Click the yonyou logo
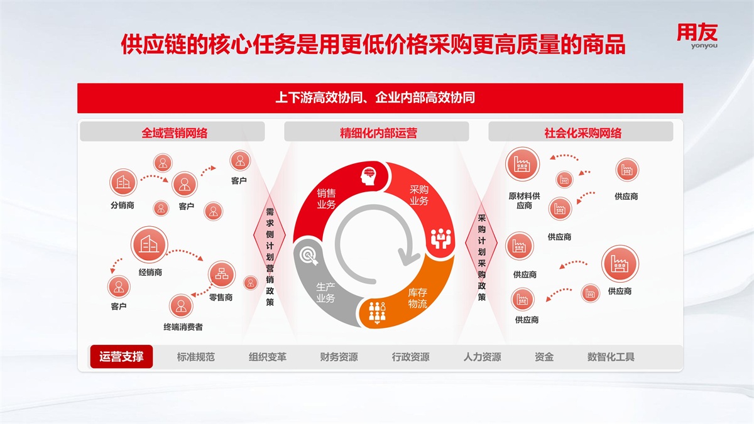[697, 36]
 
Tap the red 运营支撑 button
[121, 356]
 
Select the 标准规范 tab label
[195, 357]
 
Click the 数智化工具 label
[611, 357]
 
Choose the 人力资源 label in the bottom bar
[482, 357]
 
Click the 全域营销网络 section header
[175, 133]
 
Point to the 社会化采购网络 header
[582, 133]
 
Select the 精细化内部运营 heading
[378, 133]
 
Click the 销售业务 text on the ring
[326, 198]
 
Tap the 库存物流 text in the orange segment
[417, 298]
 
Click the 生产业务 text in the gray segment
[325, 293]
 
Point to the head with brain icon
[369, 176]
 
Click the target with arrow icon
[309, 256]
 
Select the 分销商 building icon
[123, 182]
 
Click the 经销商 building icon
[150, 244]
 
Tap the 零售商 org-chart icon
[221, 274]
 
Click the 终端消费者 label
[183, 327]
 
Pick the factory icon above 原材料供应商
[522, 164]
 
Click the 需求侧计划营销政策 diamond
[270, 235]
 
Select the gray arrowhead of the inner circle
[408, 257]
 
